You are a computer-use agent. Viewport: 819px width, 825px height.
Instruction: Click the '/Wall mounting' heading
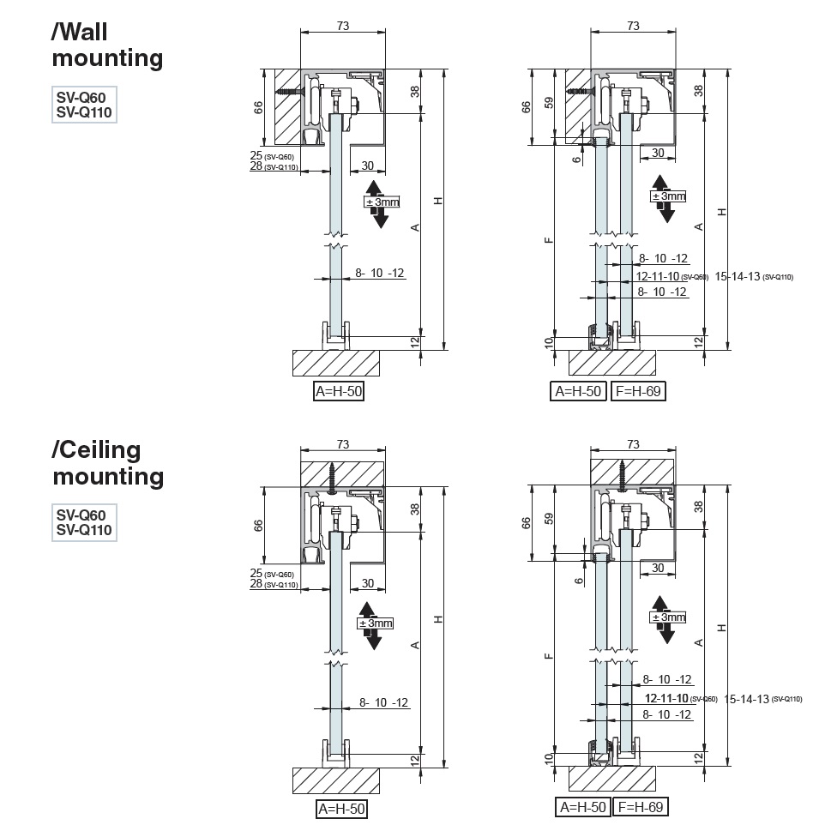coord(107,45)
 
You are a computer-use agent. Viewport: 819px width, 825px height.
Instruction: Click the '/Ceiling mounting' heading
coord(107,462)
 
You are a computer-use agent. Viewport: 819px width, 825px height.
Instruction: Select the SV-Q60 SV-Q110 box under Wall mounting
coord(83,105)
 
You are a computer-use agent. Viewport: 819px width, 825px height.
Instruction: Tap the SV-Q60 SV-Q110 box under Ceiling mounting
coord(83,522)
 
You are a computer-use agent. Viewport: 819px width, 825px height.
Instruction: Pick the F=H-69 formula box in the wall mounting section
coord(638,392)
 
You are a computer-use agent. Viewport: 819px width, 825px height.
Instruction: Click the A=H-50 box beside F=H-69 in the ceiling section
coord(583,807)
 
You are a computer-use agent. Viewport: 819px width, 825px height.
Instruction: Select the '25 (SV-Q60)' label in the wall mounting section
coord(272,156)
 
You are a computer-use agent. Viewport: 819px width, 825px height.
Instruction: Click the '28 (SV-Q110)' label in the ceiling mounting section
coord(273,584)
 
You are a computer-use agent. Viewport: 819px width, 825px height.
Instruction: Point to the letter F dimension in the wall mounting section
coord(549,240)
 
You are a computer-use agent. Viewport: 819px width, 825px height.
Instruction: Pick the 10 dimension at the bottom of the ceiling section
coord(549,757)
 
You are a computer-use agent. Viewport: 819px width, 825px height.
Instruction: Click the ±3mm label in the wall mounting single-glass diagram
coord(382,202)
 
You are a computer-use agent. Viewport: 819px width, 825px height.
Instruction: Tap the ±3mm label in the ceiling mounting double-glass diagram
coord(669,617)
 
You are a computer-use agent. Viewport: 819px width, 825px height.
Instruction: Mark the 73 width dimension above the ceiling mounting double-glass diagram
coord(633,444)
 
